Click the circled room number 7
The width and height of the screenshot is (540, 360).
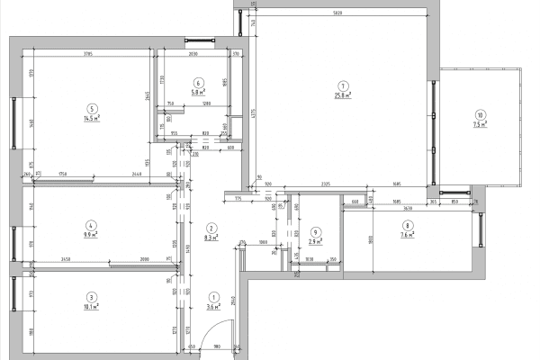point(342,85)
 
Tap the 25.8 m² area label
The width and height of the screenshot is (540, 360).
point(342,94)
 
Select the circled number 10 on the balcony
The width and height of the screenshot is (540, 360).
point(481,115)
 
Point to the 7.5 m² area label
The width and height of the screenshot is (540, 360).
point(481,125)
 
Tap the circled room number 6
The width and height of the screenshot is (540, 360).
point(198,82)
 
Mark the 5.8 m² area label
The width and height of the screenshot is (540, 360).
point(198,92)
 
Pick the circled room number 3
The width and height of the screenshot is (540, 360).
point(91,296)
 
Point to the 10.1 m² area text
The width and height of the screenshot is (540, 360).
point(91,306)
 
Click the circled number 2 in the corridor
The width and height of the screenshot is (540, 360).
point(212,228)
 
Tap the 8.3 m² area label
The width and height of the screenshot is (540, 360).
point(212,238)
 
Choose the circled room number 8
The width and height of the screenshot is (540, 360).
point(408,226)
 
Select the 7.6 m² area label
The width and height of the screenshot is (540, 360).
point(408,236)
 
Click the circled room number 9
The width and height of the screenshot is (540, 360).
point(314,232)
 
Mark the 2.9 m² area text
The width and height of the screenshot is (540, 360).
point(314,242)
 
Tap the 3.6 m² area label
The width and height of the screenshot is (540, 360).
point(213,307)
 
